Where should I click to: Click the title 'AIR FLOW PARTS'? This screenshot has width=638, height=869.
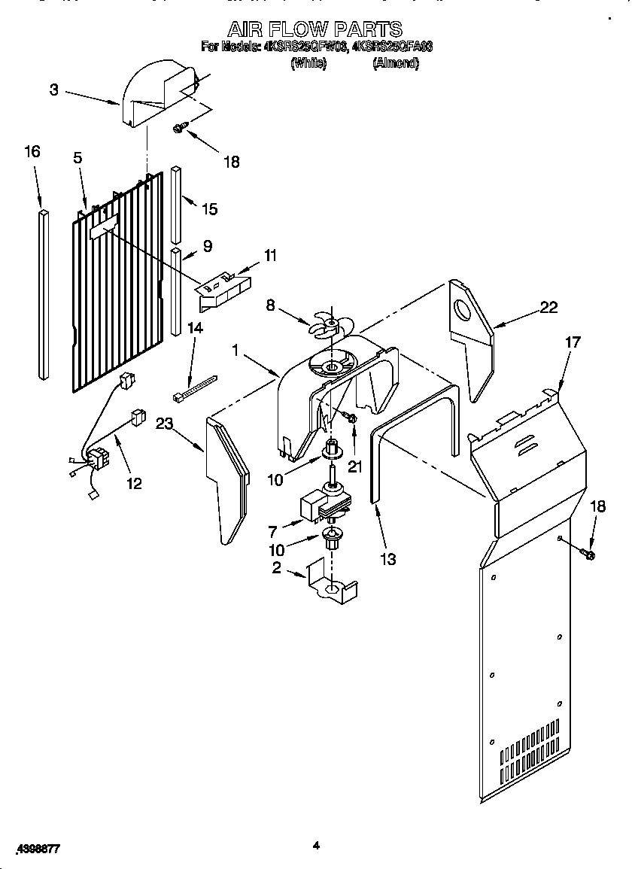point(315,29)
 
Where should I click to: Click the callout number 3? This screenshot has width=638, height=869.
point(54,90)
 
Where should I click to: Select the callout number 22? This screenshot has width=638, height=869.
point(548,306)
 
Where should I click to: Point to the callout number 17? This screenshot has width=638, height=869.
point(573,342)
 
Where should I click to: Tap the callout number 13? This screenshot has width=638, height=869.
point(387,559)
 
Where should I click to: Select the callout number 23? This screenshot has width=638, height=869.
point(164,423)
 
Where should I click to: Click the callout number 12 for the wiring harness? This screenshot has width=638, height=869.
point(133,483)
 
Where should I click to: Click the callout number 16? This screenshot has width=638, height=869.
point(32,151)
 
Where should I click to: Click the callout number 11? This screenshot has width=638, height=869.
point(269,256)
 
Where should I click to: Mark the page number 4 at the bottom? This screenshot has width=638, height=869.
point(316,846)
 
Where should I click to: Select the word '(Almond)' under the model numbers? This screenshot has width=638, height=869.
point(396,64)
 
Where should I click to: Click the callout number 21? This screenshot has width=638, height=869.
point(354,466)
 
